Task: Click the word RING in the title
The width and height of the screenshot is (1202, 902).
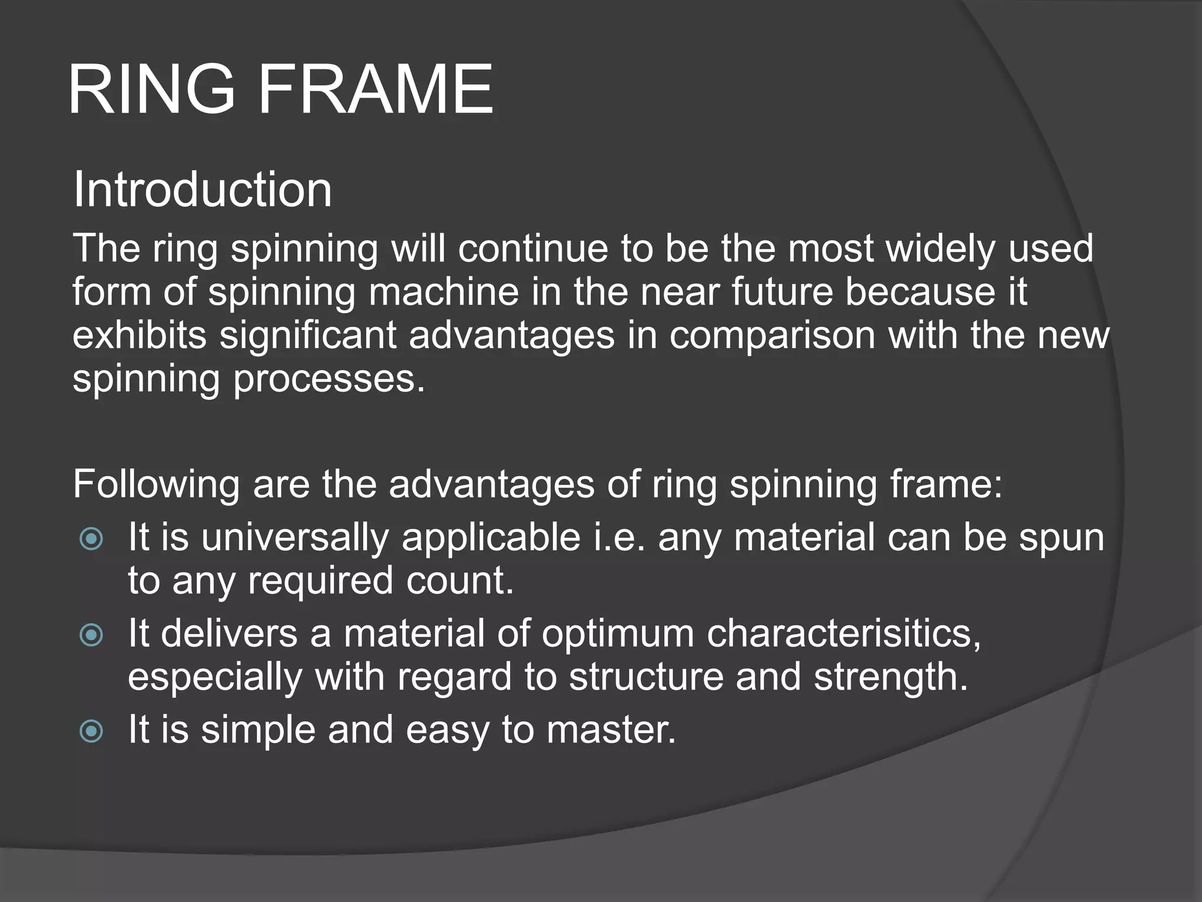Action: (x=151, y=90)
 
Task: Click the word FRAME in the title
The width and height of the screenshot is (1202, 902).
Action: (x=375, y=90)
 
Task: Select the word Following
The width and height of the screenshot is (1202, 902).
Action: (x=156, y=485)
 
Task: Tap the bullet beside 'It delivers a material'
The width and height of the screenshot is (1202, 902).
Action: (x=92, y=635)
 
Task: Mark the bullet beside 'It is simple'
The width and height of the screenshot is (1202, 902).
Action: (x=92, y=731)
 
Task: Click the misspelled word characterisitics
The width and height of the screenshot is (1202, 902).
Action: (x=843, y=634)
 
